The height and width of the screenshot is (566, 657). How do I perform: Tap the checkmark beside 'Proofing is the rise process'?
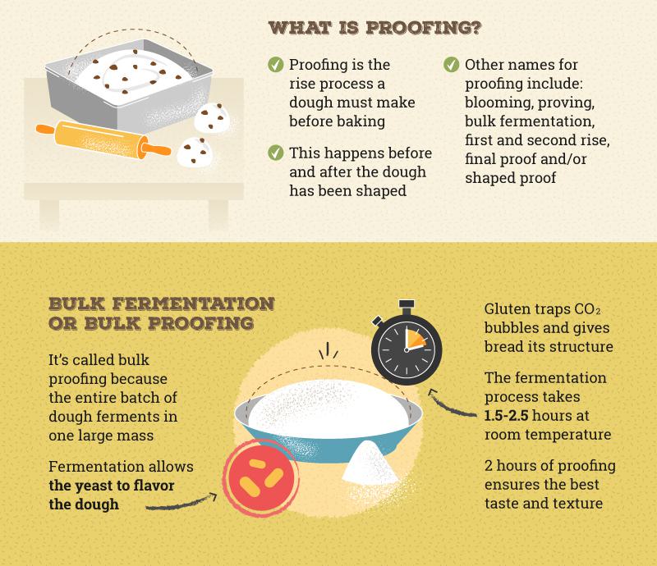[x=274, y=64]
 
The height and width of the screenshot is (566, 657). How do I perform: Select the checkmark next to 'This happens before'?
[x=274, y=153]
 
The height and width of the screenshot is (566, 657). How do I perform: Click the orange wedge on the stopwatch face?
[x=414, y=339]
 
